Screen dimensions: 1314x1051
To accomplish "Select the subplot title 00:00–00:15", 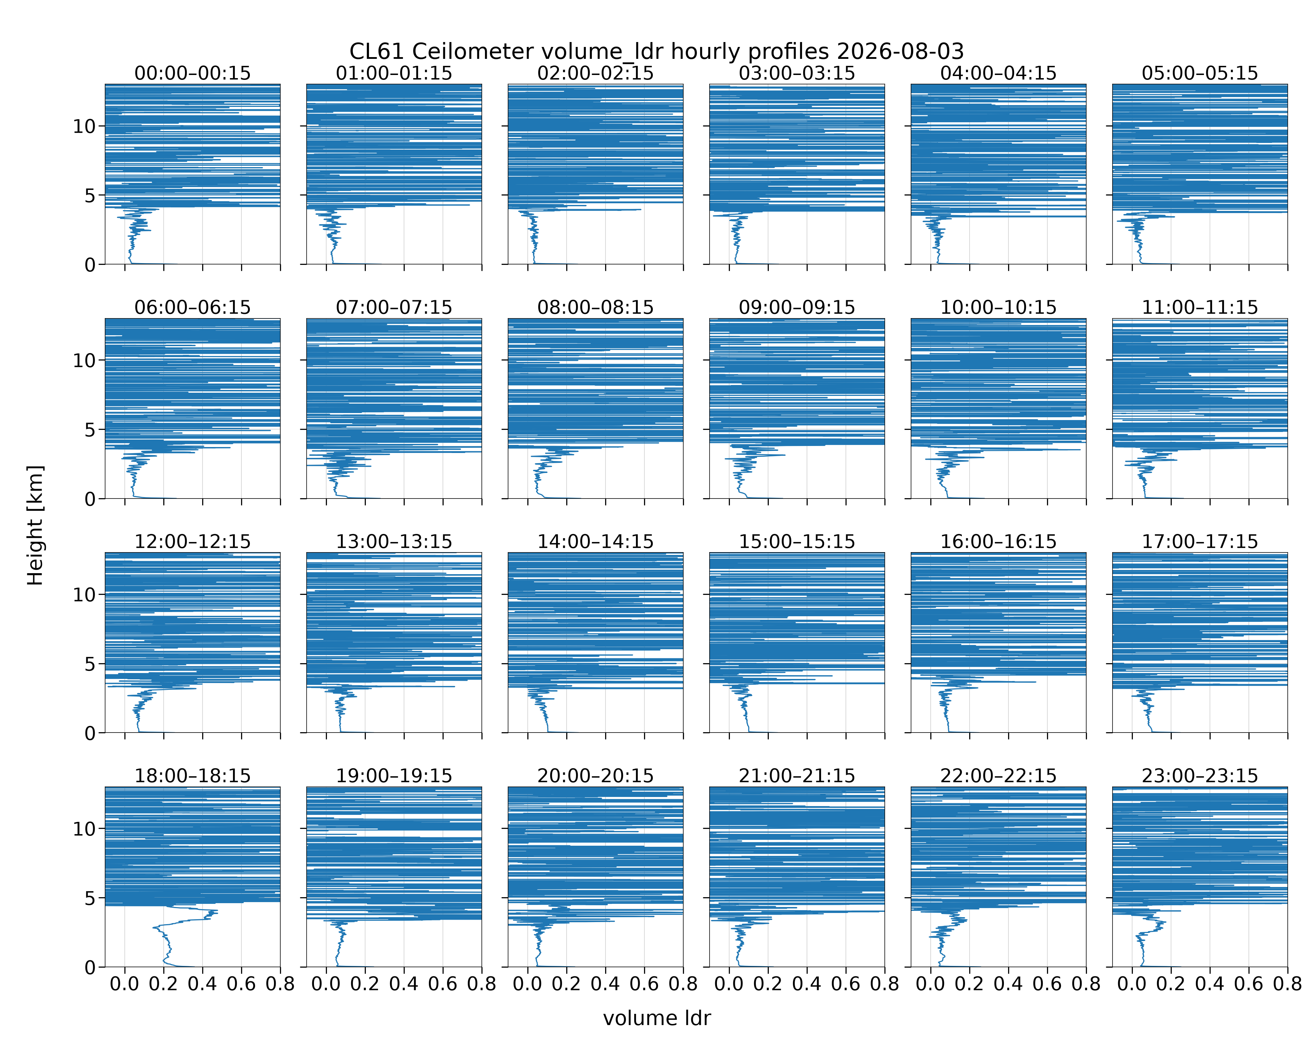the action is (193, 73).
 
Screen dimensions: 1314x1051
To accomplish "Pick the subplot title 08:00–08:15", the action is (595, 307).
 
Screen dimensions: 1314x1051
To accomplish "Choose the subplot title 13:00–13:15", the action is (394, 542).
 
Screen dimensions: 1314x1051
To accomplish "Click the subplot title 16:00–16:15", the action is (998, 542).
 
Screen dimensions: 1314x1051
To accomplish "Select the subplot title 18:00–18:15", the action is (193, 776).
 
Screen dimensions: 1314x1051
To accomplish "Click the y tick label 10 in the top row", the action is (84, 127).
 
